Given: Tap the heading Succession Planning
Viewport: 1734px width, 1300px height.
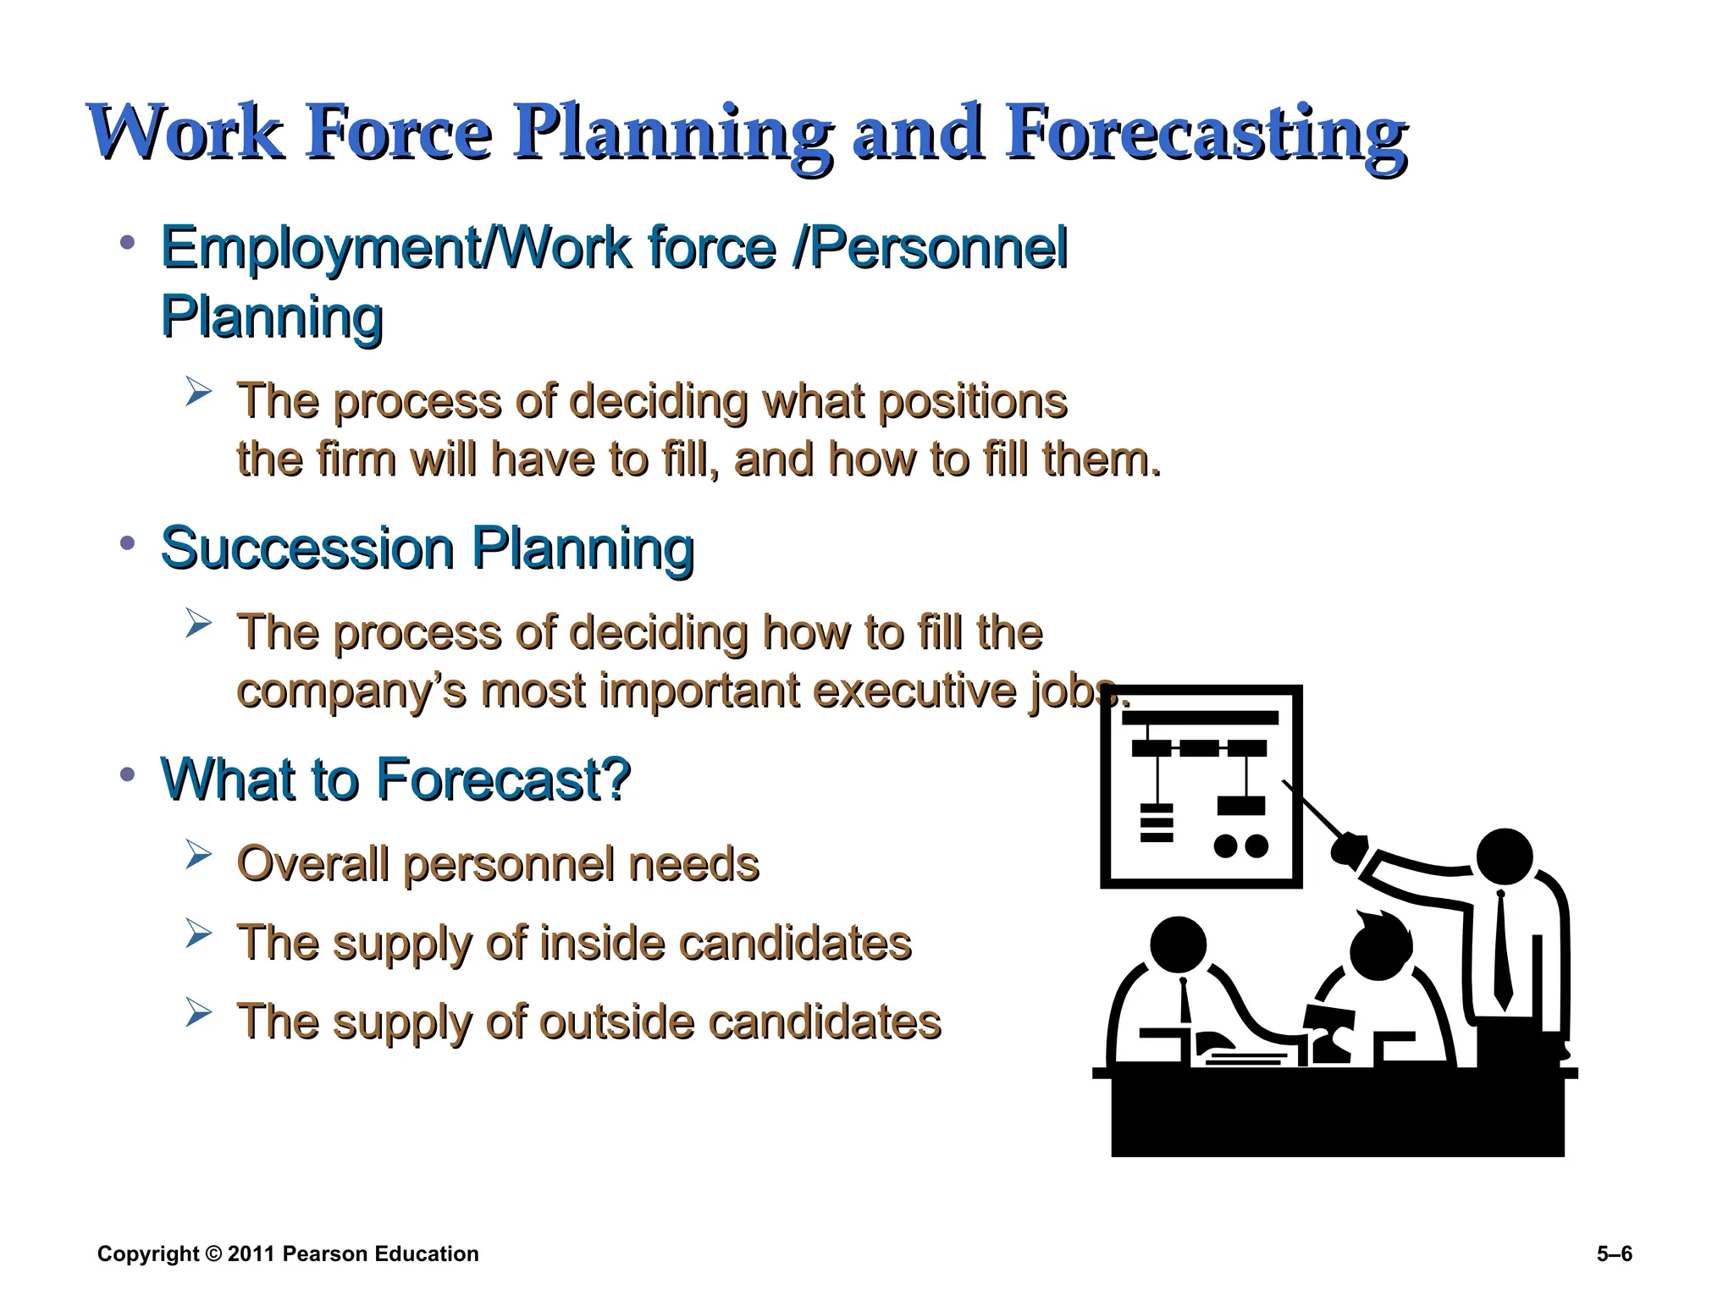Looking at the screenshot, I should tap(428, 548).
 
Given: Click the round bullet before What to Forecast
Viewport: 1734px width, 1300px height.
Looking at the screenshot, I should tap(128, 774).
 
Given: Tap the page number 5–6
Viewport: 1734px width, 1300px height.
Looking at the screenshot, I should tap(1614, 1254).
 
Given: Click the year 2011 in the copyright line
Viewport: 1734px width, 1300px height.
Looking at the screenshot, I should tap(251, 1254).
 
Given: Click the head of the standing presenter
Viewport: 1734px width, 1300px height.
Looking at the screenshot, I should tap(1504, 857).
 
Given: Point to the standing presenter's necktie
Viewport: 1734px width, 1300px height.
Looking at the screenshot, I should tap(1502, 948).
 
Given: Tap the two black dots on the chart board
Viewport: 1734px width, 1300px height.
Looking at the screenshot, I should tap(1240, 846).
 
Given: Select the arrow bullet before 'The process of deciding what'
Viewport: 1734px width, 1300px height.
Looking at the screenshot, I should tap(198, 393).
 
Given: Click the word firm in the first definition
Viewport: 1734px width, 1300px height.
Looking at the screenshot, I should tap(355, 460).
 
